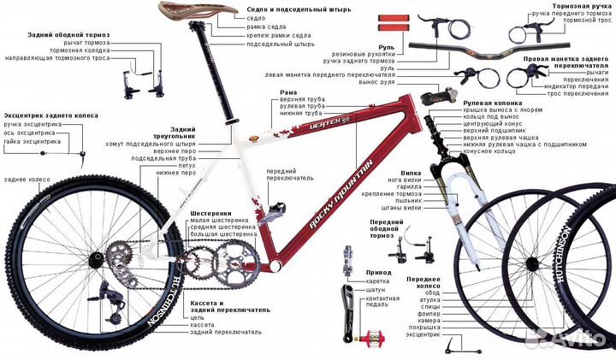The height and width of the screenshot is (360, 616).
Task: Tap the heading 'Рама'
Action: [288, 92]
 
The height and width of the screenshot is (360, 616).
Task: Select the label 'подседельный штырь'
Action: [281, 44]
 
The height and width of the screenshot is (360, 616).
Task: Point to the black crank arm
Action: [348, 313]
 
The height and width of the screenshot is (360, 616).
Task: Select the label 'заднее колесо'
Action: [27, 180]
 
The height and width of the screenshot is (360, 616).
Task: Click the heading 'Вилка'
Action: [411, 173]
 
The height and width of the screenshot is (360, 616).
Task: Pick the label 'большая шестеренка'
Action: [223, 234]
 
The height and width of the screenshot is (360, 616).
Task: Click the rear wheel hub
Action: [96, 259]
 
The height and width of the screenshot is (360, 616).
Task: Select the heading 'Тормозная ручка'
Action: [582, 6]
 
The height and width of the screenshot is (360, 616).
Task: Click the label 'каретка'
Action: [377, 281]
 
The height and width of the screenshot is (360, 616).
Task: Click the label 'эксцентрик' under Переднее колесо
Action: [423, 334]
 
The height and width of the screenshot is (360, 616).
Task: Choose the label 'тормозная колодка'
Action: [80, 50]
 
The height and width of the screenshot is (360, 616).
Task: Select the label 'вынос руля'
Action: [376, 82]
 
